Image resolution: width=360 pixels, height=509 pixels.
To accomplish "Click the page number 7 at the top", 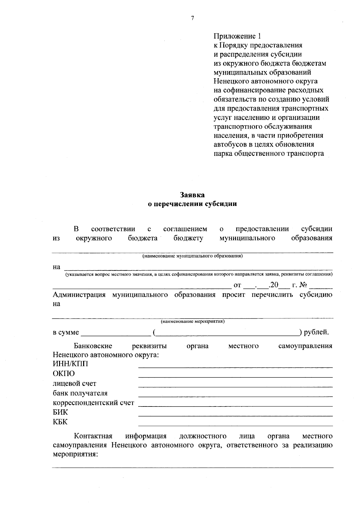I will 193,18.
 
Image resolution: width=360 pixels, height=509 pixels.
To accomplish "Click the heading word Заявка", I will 192,195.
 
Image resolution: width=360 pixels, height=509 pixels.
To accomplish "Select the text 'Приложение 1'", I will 237,36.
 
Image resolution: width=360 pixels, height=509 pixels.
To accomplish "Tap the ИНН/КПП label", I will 70,364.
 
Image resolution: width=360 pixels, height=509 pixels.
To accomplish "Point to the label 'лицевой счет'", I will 74,383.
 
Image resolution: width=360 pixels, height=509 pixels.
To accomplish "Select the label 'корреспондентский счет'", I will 93,403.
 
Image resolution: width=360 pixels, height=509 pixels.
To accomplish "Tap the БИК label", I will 60,412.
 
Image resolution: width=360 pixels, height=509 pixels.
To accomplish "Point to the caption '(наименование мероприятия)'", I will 193,322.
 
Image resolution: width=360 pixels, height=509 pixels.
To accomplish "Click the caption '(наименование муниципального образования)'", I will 192,256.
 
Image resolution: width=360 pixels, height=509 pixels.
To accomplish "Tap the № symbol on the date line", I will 304,284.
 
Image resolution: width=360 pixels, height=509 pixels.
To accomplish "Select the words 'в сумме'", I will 66,332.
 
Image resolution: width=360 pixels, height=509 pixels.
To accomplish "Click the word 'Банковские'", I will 93,346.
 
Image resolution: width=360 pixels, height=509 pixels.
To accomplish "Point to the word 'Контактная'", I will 93,436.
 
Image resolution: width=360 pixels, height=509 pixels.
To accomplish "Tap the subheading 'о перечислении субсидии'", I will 192,204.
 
